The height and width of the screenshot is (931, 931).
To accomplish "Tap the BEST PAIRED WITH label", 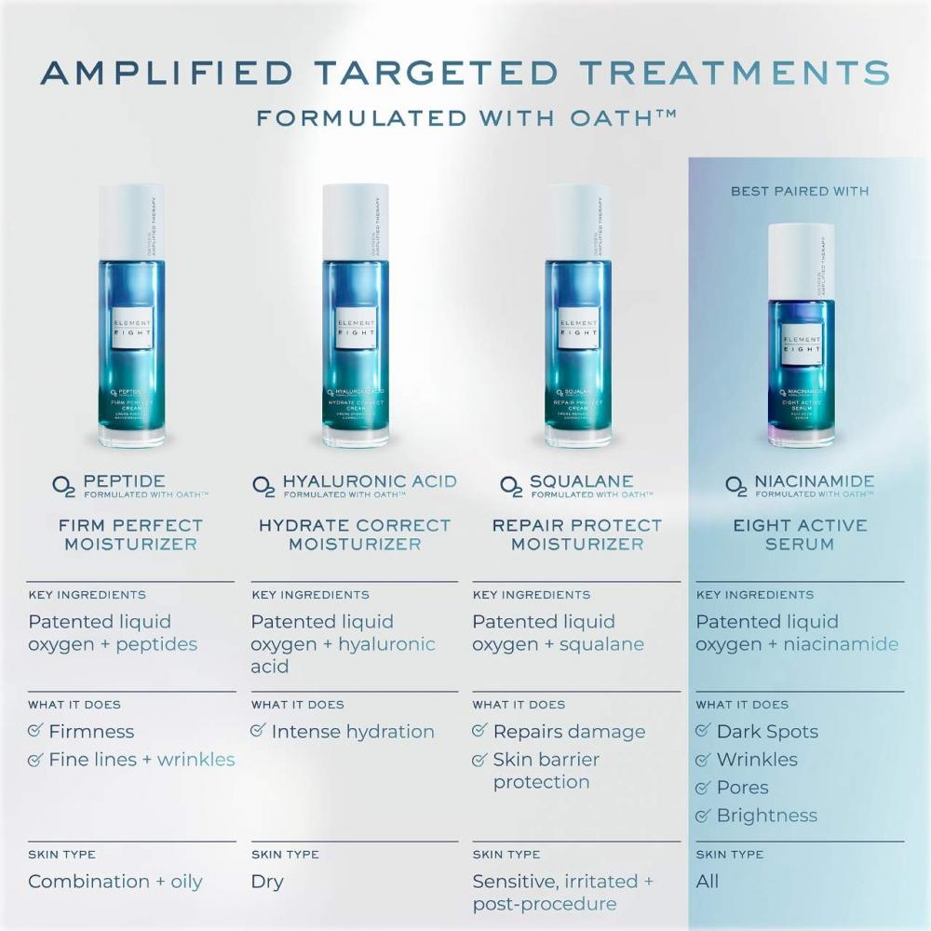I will [x=800, y=191].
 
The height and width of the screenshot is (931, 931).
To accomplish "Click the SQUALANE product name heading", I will [x=581, y=481].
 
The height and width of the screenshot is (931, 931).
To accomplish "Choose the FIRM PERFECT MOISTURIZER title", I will [x=130, y=534].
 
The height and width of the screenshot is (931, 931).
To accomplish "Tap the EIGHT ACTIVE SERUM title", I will [x=800, y=534].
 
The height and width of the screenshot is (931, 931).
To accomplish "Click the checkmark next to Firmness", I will [x=35, y=731].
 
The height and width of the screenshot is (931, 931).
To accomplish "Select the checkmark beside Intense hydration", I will [x=259, y=731].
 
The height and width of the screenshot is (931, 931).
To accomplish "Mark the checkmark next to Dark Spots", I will [x=704, y=731].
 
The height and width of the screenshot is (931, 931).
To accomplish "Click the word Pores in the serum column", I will [x=742, y=788].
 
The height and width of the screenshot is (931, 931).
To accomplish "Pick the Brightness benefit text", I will [x=766, y=816].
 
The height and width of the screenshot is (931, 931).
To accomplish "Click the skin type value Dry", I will [x=267, y=881].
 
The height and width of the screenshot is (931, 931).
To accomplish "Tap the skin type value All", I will [x=708, y=881].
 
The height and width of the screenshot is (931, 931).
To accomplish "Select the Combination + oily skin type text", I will [x=115, y=881].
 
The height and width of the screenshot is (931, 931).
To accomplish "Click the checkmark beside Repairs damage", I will [x=480, y=731].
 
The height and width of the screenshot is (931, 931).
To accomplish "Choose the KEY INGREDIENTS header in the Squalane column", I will [x=531, y=595].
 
